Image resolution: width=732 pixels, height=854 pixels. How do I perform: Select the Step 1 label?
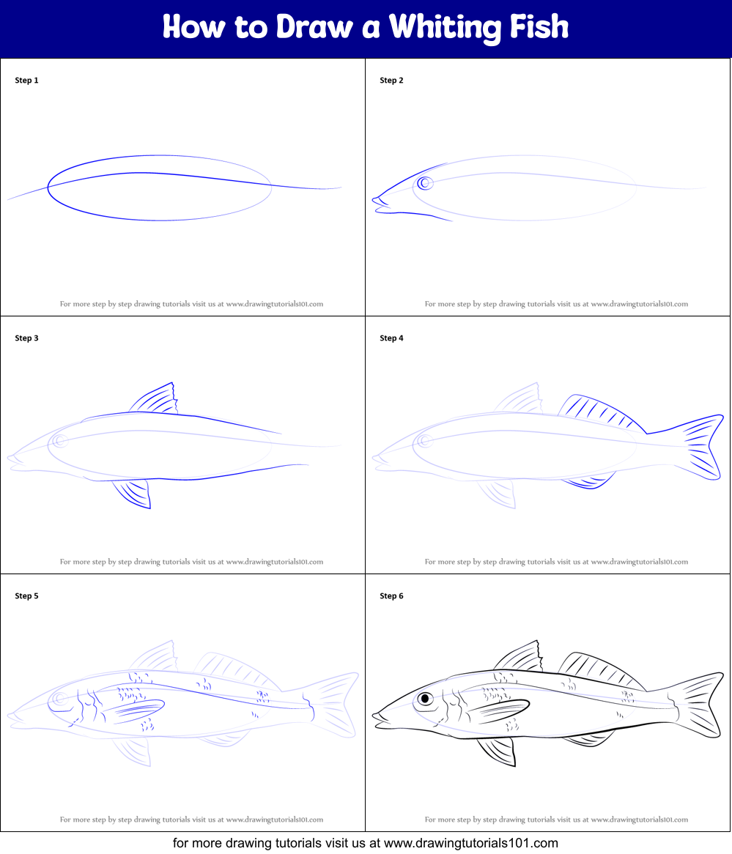pos(26,81)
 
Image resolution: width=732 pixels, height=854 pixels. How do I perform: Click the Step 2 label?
pos(391,81)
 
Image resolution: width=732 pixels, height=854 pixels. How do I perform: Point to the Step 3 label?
pos(26,338)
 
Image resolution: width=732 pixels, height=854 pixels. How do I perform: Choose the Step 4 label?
pos(391,338)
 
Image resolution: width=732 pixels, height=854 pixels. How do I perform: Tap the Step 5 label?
pos(26,596)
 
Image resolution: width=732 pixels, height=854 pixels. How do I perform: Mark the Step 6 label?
pos(391,596)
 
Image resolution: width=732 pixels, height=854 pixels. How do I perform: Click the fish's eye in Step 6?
pos(425,699)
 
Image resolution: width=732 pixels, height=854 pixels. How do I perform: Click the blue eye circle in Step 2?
pos(424,183)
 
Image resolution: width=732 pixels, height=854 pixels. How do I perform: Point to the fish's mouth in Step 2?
pos(380,200)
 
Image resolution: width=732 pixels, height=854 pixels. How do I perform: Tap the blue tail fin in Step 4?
pos(700,447)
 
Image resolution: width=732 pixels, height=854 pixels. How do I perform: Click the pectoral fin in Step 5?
pos(136,709)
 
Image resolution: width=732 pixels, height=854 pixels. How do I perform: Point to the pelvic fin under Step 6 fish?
pos(498,750)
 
